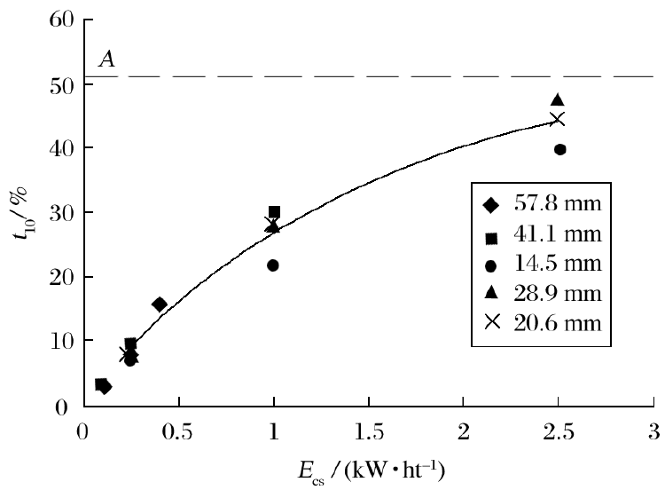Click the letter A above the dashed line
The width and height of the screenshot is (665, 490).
coord(104,59)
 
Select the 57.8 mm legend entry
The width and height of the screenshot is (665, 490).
coord(543,204)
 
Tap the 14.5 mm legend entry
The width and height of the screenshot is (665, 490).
coord(543,264)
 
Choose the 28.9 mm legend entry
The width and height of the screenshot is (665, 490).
coord(543,293)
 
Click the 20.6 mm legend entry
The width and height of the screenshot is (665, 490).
coord(543,322)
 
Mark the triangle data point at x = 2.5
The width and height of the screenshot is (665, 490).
coord(558,100)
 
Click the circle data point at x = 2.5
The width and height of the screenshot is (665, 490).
coord(559,149)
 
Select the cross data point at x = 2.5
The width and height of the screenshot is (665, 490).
coord(558,120)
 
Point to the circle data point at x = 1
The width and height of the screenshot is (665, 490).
coord(273,265)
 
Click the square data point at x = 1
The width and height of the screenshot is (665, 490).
coord(274,212)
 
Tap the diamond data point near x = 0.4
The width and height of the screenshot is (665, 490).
coord(160,304)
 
